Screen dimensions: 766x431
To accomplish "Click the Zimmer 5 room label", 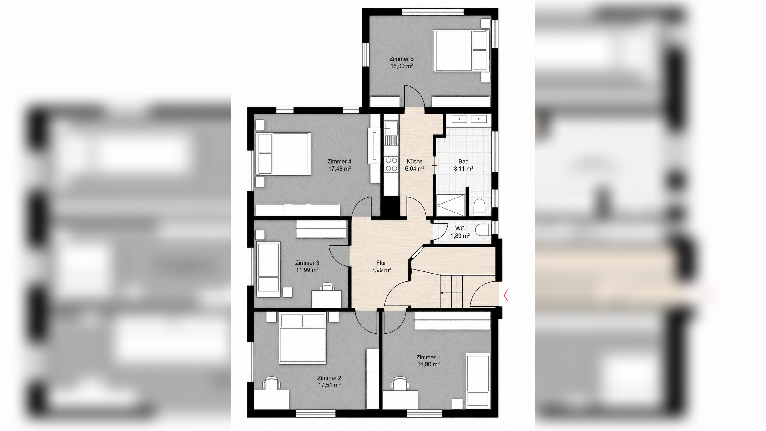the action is click(x=401, y=59).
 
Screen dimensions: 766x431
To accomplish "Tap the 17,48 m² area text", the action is click(x=339, y=169).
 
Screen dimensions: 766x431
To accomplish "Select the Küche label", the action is click(x=415, y=161).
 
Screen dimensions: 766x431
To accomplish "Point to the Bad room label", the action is click(x=463, y=161).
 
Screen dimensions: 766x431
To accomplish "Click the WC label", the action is click(x=460, y=228).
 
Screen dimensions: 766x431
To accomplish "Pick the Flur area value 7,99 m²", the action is click(x=381, y=270).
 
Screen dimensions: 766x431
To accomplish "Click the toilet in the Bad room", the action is click(x=479, y=207).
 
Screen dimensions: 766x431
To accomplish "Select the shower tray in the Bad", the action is click(x=451, y=205).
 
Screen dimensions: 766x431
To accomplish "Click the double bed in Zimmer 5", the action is click(x=461, y=51).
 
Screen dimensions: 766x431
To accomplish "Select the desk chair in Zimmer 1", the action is click(x=401, y=383).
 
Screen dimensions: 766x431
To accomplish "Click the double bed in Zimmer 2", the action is click(x=302, y=338).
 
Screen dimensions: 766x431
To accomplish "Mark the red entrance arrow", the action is click(x=506, y=295).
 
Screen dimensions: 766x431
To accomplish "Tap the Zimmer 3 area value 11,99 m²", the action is click(x=307, y=270).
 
